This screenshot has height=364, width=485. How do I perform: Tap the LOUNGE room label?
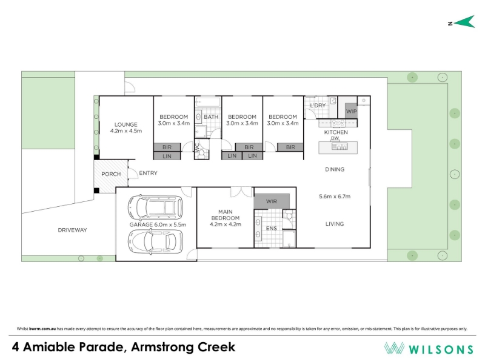(x=126, y=125)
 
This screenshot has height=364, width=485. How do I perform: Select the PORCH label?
(x=111, y=174)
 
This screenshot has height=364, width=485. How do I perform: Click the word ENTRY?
(x=148, y=173)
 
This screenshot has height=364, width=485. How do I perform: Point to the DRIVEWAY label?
(x=72, y=230)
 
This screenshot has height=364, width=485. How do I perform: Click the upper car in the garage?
(x=155, y=207)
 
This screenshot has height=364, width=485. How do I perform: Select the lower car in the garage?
(x=155, y=241)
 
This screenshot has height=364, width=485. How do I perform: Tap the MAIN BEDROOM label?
(x=225, y=215)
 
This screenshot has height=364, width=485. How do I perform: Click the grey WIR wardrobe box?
(x=272, y=201)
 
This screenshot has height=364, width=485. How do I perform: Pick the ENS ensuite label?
(x=271, y=229)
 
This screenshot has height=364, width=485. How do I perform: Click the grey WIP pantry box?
(x=351, y=110)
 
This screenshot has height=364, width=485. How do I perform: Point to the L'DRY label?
(x=318, y=105)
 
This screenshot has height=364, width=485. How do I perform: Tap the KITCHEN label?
(x=336, y=132)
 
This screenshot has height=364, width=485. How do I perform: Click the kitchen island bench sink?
(x=339, y=146)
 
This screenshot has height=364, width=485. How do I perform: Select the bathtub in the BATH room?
(x=208, y=102)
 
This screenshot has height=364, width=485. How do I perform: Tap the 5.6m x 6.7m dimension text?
(x=335, y=196)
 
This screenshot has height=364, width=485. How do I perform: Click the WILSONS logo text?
(x=441, y=349)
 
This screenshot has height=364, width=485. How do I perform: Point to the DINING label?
(x=335, y=169)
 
